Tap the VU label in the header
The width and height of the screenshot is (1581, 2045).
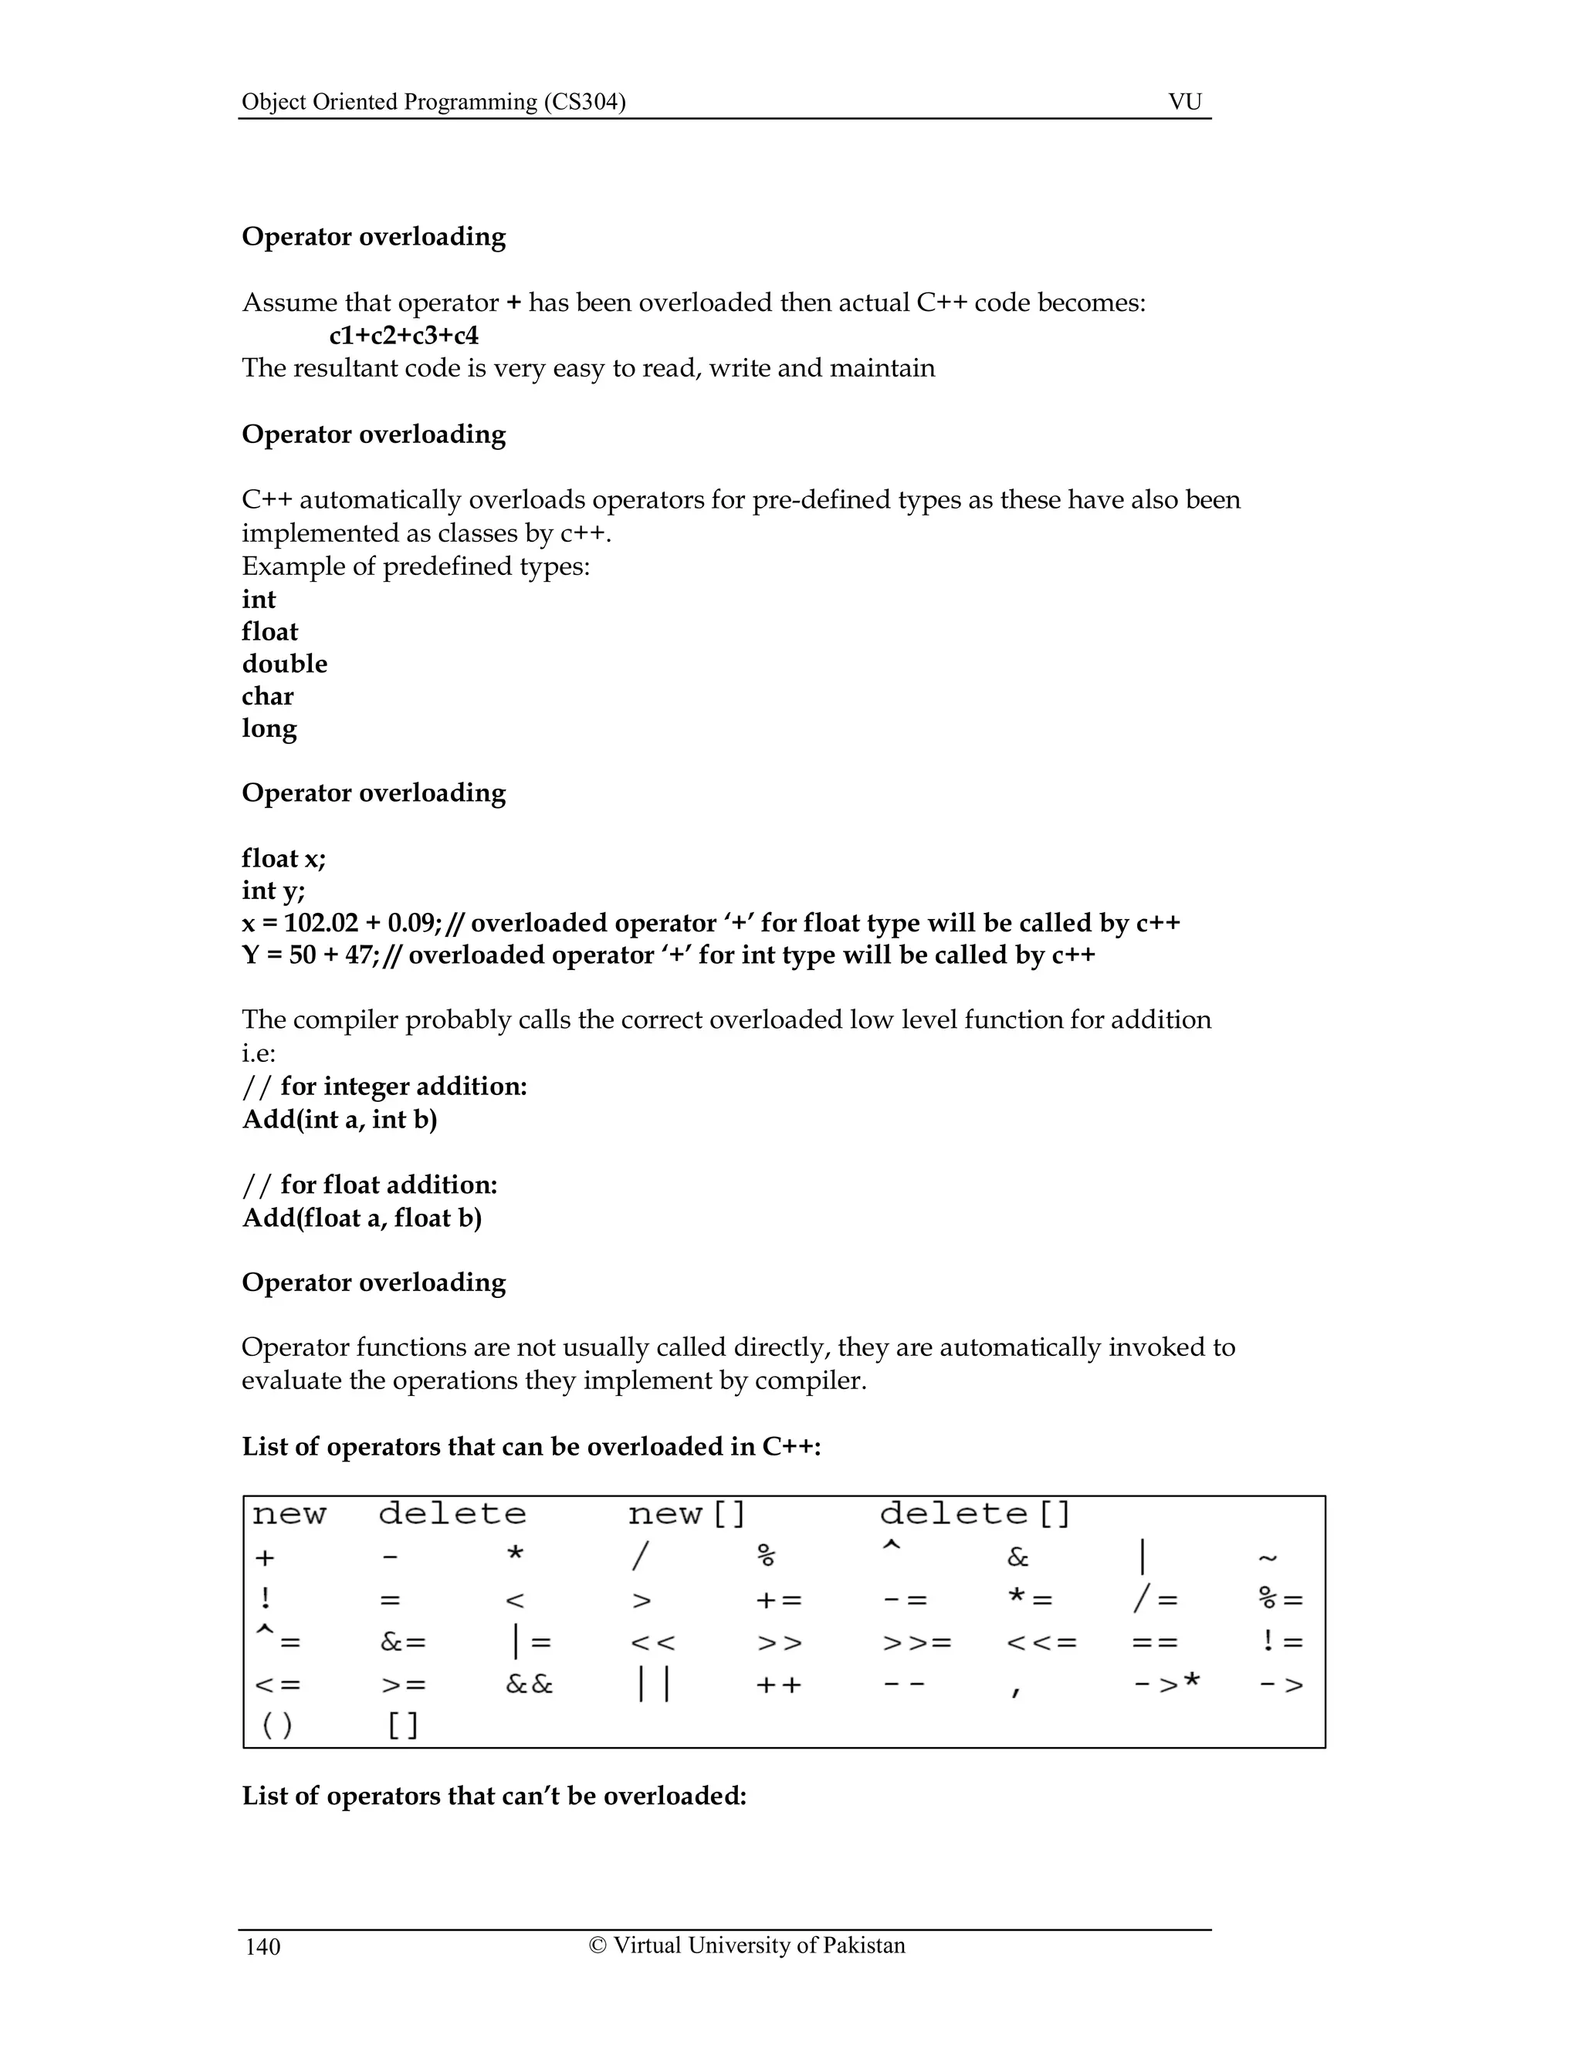[x=1185, y=102]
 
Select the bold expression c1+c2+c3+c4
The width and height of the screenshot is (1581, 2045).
[x=404, y=335]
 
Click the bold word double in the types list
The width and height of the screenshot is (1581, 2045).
[x=285, y=664]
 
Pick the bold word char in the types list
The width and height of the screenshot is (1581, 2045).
[x=268, y=697]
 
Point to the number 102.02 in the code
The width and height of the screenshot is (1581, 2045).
[x=321, y=923]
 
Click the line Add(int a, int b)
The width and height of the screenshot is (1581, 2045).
[x=339, y=1120]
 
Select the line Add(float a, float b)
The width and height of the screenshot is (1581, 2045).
[x=361, y=1219]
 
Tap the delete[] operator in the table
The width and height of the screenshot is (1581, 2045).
[x=974, y=1514]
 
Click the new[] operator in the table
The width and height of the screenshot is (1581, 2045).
[x=686, y=1514]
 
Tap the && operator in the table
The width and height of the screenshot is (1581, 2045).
[x=529, y=1685]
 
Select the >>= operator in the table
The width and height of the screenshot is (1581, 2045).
[x=917, y=1642]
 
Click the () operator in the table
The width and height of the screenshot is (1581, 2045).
[x=276, y=1725]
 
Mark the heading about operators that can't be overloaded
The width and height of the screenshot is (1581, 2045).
[x=493, y=1796]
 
